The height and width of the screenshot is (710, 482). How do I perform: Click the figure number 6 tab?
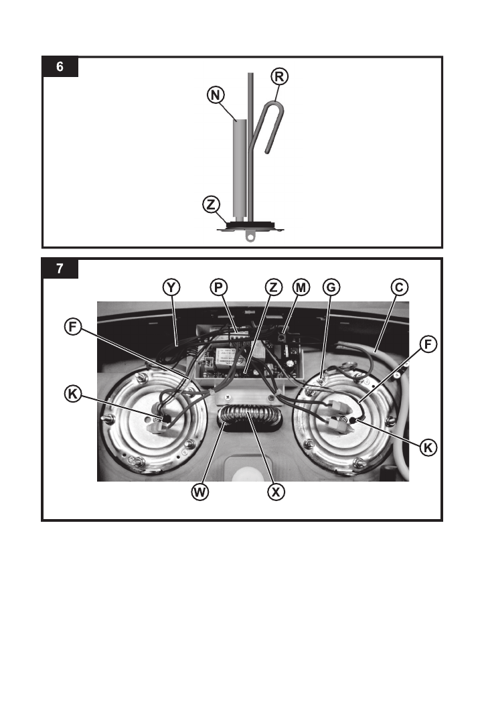60,68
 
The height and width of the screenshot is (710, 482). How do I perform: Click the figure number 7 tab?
60,269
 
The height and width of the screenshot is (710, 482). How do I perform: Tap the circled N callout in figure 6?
215,96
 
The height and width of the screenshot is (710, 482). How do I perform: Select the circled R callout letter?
280,76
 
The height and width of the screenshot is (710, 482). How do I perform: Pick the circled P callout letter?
218,287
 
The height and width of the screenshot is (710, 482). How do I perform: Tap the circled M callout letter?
301,287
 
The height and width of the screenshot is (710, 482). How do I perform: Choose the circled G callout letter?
331,287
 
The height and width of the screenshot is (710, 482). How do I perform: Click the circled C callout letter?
398,287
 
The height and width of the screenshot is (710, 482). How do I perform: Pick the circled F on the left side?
73,328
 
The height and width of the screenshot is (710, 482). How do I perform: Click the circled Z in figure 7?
272,287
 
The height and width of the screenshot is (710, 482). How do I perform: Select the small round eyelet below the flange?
250,236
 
